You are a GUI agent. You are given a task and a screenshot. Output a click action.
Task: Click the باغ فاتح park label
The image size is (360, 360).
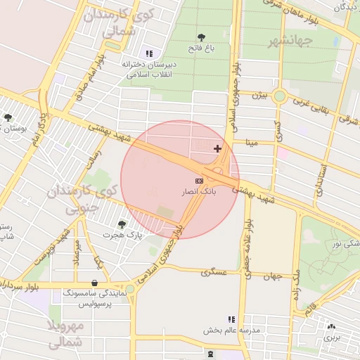point(202,48)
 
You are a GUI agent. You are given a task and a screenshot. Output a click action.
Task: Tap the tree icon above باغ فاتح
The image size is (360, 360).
point(202,37)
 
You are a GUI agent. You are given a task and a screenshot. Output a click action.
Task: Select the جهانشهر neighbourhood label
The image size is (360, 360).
point(290,41)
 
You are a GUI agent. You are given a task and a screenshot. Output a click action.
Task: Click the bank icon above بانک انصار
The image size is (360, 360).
point(200,181)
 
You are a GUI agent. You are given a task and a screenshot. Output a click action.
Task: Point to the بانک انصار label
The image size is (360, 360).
point(200,191)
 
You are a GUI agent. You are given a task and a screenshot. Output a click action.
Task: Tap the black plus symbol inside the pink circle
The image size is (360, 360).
point(217,148)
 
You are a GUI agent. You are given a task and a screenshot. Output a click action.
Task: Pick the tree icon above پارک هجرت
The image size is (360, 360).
point(122,224)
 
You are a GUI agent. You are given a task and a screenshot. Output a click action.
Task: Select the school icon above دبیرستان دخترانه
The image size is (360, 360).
point(148,53)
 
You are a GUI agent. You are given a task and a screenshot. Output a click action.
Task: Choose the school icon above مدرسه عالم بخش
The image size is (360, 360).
point(232,319)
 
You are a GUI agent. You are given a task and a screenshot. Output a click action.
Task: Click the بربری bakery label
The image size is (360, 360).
point(331,337)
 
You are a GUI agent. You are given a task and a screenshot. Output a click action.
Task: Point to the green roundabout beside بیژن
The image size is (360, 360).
point(280,96)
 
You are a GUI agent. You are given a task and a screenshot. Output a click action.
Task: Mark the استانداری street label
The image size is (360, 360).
point(321,180)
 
